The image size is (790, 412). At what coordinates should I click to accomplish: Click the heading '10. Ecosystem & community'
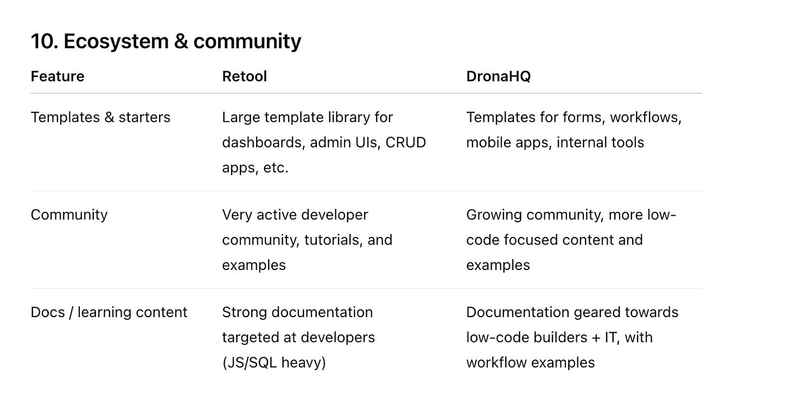tap(165, 41)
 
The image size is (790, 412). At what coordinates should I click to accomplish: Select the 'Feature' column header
tap(58, 76)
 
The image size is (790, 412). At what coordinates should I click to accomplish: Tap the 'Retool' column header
tap(244, 76)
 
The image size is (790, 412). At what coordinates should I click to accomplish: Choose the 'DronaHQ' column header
tap(498, 76)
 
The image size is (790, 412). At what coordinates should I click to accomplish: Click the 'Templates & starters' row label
tap(100, 117)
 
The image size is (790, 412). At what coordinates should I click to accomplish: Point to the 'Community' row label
tap(69, 215)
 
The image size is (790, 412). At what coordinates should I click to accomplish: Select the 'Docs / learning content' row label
tap(109, 312)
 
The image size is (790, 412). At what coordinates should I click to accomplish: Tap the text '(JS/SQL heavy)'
tap(274, 362)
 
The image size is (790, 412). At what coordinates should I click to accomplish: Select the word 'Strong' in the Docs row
tap(244, 312)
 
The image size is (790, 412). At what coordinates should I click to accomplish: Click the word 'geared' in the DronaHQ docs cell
tap(591, 312)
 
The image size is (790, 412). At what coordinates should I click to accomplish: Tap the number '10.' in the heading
tap(44, 41)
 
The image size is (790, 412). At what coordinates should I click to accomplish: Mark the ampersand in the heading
tap(181, 41)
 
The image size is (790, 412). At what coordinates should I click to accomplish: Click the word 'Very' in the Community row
tap(237, 215)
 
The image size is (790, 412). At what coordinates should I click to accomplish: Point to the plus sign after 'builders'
tap(596, 337)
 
